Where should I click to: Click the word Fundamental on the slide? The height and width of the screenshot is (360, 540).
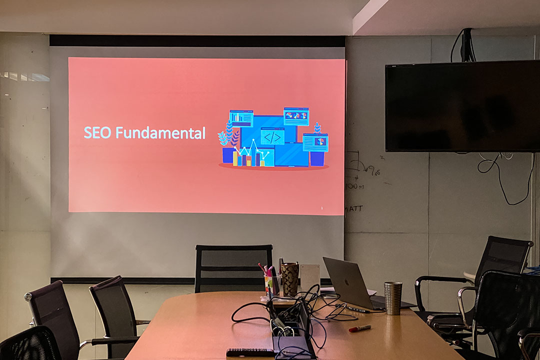(160, 133)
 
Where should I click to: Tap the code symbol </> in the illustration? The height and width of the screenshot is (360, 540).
(272, 137)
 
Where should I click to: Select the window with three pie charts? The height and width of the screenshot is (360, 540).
(296, 116)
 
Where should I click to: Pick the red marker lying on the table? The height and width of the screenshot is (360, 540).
(359, 328)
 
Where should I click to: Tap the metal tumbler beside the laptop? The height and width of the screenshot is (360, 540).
(392, 298)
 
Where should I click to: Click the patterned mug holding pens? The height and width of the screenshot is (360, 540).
(289, 278)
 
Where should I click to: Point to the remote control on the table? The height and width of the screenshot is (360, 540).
(250, 352)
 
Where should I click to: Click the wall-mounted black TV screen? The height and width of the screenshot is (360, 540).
(462, 106)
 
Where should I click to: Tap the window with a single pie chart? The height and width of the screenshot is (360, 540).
(315, 142)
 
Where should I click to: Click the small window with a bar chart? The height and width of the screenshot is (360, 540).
(241, 118)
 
